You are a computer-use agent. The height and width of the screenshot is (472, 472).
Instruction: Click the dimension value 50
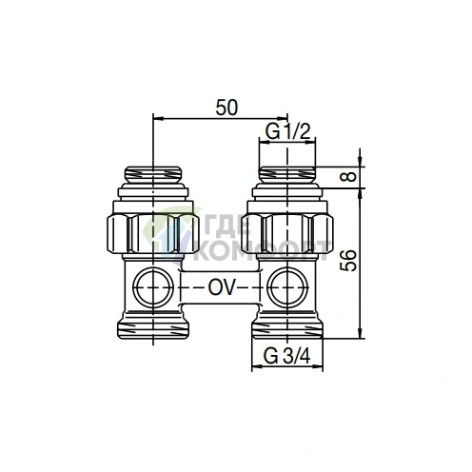pyautogui.click(x=226, y=108)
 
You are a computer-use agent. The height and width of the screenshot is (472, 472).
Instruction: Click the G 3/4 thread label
pyautogui.click(x=285, y=358)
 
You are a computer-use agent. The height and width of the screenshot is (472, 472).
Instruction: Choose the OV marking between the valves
pyautogui.click(x=221, y=285)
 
